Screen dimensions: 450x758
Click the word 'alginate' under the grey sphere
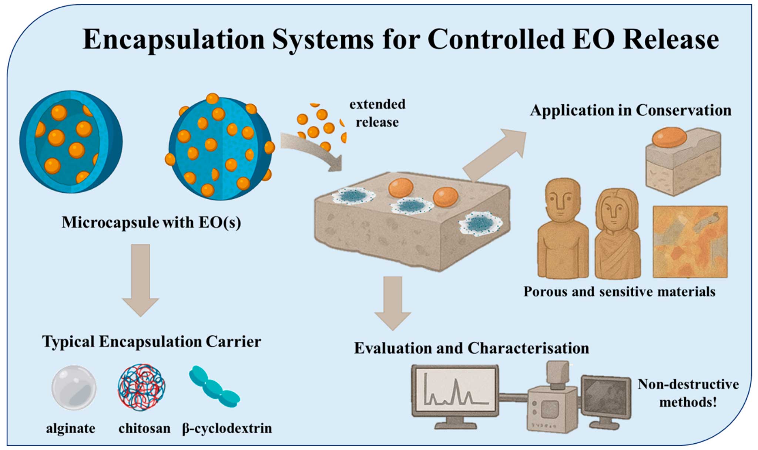pos(70,428)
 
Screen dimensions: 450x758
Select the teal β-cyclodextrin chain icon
pos(214,387)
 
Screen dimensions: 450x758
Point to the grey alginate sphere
pos(74,388)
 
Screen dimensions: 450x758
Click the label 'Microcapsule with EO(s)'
pos(151,223)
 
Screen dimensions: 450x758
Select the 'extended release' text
pos(377,113)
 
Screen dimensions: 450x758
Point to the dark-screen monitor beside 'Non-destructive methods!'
pos(606,398)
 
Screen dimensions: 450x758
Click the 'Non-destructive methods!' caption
pos(688,393)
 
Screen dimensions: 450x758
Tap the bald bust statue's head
pos(563,200)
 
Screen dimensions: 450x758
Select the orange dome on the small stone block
pos(669,137)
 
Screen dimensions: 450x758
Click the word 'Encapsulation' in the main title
pos(174,40)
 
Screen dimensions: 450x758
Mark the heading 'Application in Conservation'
pos(630,110)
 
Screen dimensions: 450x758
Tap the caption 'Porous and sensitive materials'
pos(619,292)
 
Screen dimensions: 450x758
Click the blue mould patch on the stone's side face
pos(480,224)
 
